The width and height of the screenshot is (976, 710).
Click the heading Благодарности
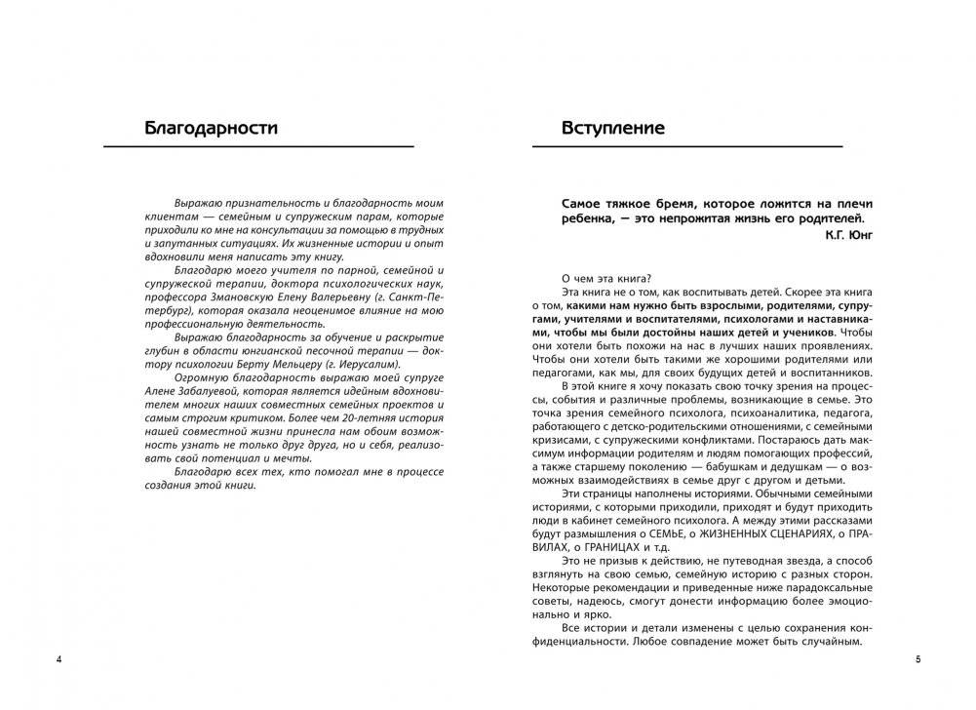210,127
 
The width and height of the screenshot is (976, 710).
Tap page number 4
59,662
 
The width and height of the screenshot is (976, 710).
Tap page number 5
917,662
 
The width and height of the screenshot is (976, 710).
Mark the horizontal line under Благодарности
259,146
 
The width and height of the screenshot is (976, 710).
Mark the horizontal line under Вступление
687,146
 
